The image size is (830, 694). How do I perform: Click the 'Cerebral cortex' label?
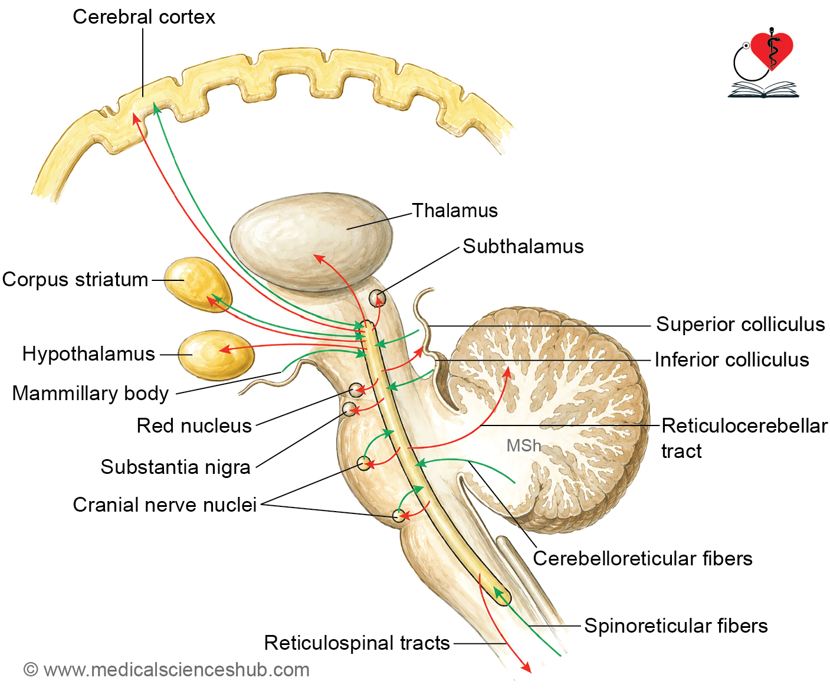(x=143, y=17)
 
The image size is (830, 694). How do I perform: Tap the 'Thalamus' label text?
(x=455, y=211)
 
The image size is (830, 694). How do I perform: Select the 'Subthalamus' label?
(x=523, y=246)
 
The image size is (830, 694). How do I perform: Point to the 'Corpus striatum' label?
(x=75, y=280)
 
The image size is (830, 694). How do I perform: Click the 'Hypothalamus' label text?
(x=88, y=353)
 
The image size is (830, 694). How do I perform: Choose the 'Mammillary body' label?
(x=91, y=394)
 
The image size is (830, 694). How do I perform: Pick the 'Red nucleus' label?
(x=194, y=426)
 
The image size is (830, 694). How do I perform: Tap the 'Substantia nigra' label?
(x=175, y=467)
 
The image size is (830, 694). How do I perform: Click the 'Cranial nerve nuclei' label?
(x=165, y=505)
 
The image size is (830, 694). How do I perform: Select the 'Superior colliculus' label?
(x=740, y=324)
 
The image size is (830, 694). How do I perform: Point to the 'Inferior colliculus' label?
(x=732, y=359)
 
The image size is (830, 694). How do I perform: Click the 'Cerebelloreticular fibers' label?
(x=642, y=558)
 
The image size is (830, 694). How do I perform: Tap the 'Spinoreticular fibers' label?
(x=676, y=626)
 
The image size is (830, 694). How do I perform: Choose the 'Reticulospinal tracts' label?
(x=357, y=643)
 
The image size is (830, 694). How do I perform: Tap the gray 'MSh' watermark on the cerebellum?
(x=524, y=446)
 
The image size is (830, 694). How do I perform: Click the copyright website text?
(x=166, y=670)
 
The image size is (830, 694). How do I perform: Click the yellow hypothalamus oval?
(x=216, y=355)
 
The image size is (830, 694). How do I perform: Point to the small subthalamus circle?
(x=377, y=298)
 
